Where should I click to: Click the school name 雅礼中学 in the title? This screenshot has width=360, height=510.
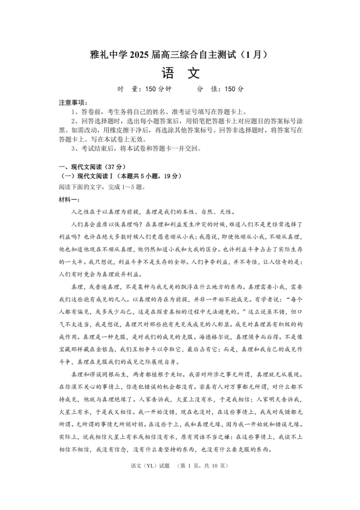109,55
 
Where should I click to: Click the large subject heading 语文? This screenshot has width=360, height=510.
180,73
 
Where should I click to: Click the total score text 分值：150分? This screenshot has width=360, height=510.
221,89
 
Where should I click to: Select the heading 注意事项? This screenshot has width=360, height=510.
73,103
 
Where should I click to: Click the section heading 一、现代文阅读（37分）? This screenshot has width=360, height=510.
92,167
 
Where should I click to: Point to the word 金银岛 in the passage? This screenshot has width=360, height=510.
108,349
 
